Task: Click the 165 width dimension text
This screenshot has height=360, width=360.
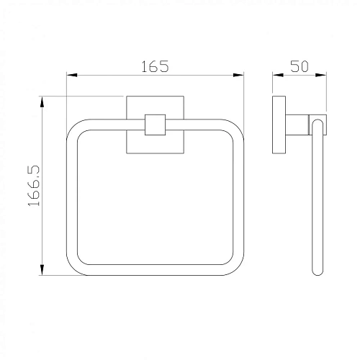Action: [155, 66]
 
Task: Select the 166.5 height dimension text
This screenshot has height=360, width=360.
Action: [33, 186]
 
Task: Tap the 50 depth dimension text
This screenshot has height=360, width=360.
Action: [300, 66]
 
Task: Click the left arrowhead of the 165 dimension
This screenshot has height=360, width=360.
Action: [72, 75]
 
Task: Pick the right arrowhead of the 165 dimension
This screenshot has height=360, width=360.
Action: [238, 75]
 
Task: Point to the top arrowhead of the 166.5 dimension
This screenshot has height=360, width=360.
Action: [42, 102]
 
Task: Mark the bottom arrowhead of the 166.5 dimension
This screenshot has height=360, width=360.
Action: [42, 270]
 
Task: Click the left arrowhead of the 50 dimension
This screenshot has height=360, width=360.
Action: [278, 75]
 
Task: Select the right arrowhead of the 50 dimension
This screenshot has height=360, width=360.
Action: [321, 75]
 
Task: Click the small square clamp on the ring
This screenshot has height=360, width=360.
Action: [155, 125]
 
